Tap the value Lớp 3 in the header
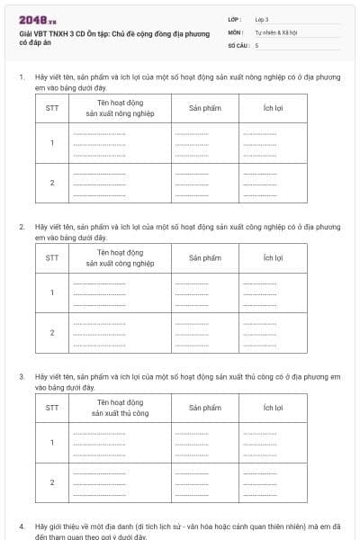pyautogui.click(x=262, y=19)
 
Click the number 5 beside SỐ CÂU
pyautogui.click(x=256, y=44)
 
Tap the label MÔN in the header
pyautogui.click(x=236, y=31)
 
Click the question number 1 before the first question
pyautogui.click(x=21, y=76)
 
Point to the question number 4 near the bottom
pyautogui.click(x=21, y=525)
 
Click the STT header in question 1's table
pyautogui.click(x=52, y=108)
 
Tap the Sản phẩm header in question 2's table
pyautogui.click(x=205, y=258)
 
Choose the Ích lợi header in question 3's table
pyautogui.click(x=274, y=408)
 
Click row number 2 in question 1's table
pyautogui.click(x=52, y=183)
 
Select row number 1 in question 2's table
pyautogui.click(x=52, y=292)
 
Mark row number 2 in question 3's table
pyautogui.click(x=52, y=482)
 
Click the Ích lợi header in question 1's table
pyautogui.click(x=274, y=108)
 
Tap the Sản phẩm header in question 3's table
pyautogui.click(x=205, y=408)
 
